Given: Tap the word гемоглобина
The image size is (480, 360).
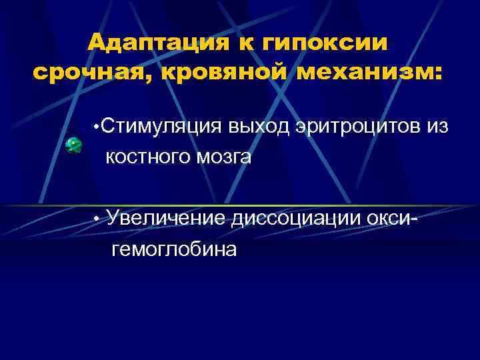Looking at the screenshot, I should [x=175, y=249].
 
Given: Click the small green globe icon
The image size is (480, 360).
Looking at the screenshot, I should [x=73, y=145].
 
